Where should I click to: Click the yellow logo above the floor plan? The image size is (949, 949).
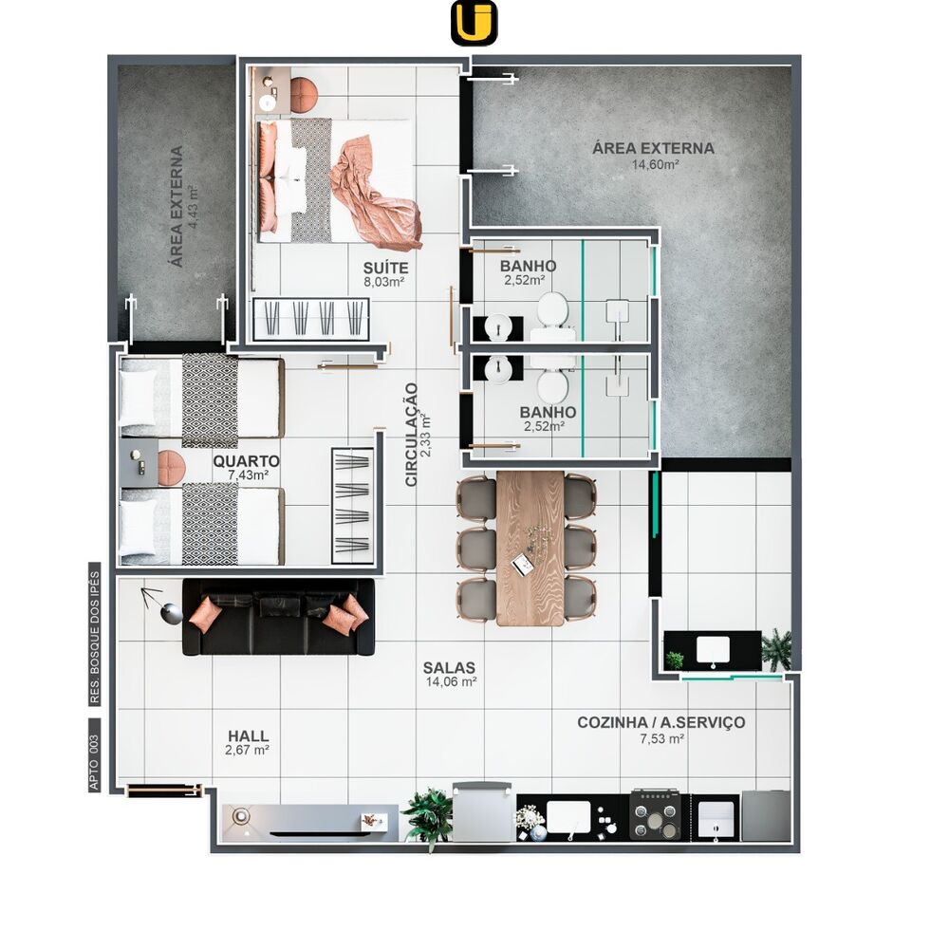[474, 23]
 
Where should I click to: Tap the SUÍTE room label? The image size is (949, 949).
[385, 268]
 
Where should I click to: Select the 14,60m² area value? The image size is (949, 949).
[655, 164]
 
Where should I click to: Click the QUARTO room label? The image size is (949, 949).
[247, 462]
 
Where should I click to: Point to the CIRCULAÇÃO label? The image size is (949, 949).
[412, 435]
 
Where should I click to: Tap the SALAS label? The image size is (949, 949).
[449, 667]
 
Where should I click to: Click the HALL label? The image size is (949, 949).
[248, 736]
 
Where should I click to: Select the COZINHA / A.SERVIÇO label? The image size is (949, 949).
[661, 722]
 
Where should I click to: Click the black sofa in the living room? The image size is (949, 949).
[278, 618]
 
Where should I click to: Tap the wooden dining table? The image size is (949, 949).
[530, 549]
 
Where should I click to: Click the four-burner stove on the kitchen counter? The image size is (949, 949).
[656, 814]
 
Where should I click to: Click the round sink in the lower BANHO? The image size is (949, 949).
[499, 369]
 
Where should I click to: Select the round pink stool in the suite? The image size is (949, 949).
[304, 95]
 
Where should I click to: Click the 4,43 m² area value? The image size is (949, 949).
[194, 206]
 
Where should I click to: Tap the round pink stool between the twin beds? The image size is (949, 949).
[171, 468]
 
